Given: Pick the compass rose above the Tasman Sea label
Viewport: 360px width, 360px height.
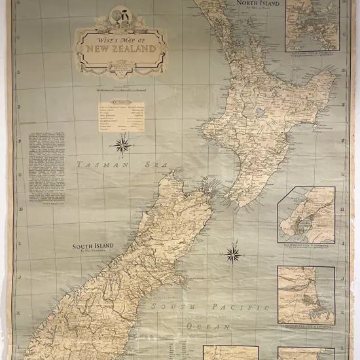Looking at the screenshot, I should tap(124, 145).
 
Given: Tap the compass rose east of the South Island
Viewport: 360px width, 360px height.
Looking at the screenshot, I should tap(232, 252).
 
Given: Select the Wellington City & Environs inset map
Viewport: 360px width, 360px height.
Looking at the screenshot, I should tap(306, 215).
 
